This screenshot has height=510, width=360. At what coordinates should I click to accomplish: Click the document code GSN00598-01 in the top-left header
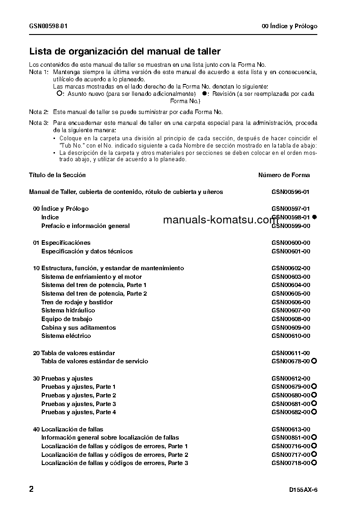[x=48, y=26]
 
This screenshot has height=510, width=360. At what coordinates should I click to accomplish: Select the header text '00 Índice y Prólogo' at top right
[x=290, y=26]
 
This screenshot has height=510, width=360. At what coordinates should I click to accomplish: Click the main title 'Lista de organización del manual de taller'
[x=125, y=51]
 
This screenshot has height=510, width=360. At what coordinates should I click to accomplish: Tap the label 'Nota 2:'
[x=39, y=112]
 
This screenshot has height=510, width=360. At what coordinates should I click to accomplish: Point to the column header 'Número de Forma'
[x=284, y=175]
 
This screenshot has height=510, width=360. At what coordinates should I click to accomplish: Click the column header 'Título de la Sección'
[x=57, y=175]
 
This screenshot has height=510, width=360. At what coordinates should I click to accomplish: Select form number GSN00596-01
[x=291, y=192]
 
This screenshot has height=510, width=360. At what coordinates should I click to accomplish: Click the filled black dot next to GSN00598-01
[x=314, y=217]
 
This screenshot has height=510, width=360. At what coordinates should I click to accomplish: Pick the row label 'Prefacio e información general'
[x=85, y=226]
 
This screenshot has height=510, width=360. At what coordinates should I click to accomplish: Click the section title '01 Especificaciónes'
[x=62, y=243]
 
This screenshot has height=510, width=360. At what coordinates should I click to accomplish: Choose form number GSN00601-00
[x=291, y=251]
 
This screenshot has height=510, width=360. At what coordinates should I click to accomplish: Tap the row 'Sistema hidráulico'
[x=68, y=310]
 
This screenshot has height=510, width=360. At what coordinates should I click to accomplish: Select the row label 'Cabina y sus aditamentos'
[x=79, y=327]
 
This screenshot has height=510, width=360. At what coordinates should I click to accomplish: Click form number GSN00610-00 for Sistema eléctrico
[x=291, y=336]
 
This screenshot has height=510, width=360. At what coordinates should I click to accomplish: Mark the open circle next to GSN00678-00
[x=314, y=361]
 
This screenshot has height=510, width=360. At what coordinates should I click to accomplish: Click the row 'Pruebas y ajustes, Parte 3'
[x=79, y=404]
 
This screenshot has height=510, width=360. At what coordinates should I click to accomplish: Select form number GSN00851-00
[x=291, y=437]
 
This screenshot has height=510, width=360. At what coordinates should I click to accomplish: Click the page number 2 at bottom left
[x=31, y=489]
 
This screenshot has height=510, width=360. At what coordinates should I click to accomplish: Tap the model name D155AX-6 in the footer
[x=303, y=490]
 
